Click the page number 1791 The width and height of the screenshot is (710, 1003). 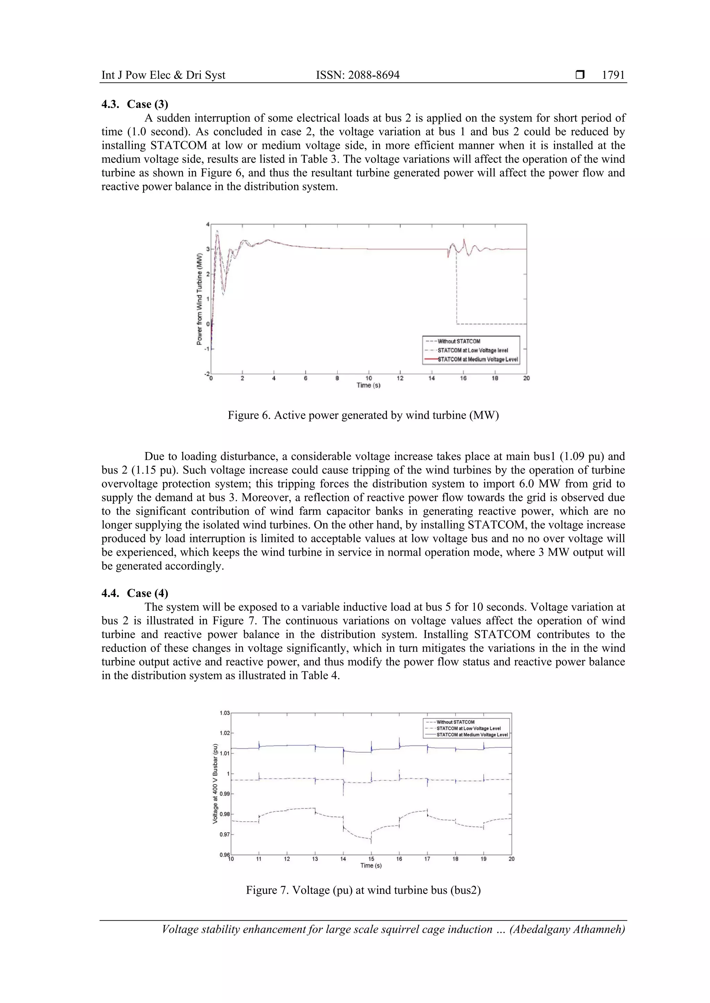coord(613,75)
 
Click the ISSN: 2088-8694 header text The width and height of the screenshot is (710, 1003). coord(358,75)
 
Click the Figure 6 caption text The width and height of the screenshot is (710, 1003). coord(363,415)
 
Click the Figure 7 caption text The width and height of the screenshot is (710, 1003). coord(363,890)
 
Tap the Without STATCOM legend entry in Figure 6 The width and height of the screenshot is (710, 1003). coord(459,341)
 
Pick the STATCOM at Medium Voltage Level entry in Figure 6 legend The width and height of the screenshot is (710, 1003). coord(477,360)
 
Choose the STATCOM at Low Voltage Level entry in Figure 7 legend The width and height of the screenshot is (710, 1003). coord(468,728)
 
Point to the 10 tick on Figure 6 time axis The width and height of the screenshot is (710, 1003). coord(369,378)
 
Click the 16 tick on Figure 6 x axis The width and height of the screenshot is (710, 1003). coord(463,378)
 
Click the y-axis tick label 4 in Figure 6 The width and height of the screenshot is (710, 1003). coord(208,224)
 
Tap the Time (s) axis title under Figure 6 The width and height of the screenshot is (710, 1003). coord(368,385)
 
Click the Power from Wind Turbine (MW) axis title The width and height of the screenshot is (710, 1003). coord(199,299)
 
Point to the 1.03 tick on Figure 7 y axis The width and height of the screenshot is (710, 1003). coord(224,713)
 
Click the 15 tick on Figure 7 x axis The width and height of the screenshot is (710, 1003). coord(371,859)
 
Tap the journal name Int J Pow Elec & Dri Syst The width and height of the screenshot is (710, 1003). coord(163,75)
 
